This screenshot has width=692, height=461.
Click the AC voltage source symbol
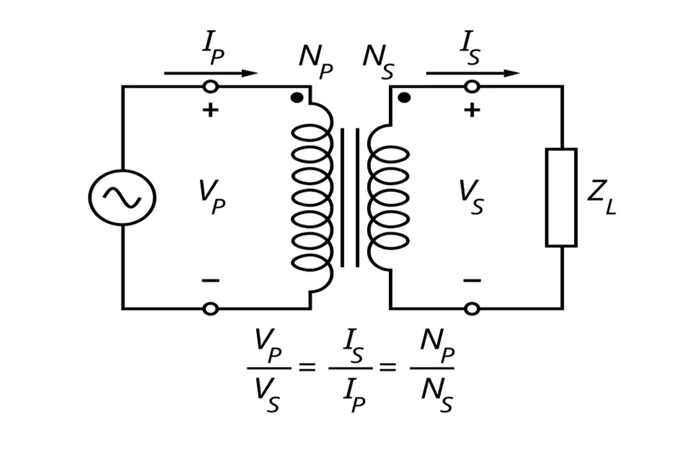[x=122, y=197]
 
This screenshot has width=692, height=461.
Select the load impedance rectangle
[x=561, y=197]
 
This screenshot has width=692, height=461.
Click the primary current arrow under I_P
[x=211, y=74]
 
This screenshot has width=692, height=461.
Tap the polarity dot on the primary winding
[x=296, y=98]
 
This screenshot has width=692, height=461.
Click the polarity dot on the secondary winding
[x=404, y=98]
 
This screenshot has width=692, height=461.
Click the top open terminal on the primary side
[x=210, y=86]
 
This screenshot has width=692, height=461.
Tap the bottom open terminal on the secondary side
[x=472, y=309]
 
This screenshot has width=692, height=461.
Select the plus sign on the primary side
[x=210, y=110]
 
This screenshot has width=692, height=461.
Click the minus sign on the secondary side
[x=472, y=280]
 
